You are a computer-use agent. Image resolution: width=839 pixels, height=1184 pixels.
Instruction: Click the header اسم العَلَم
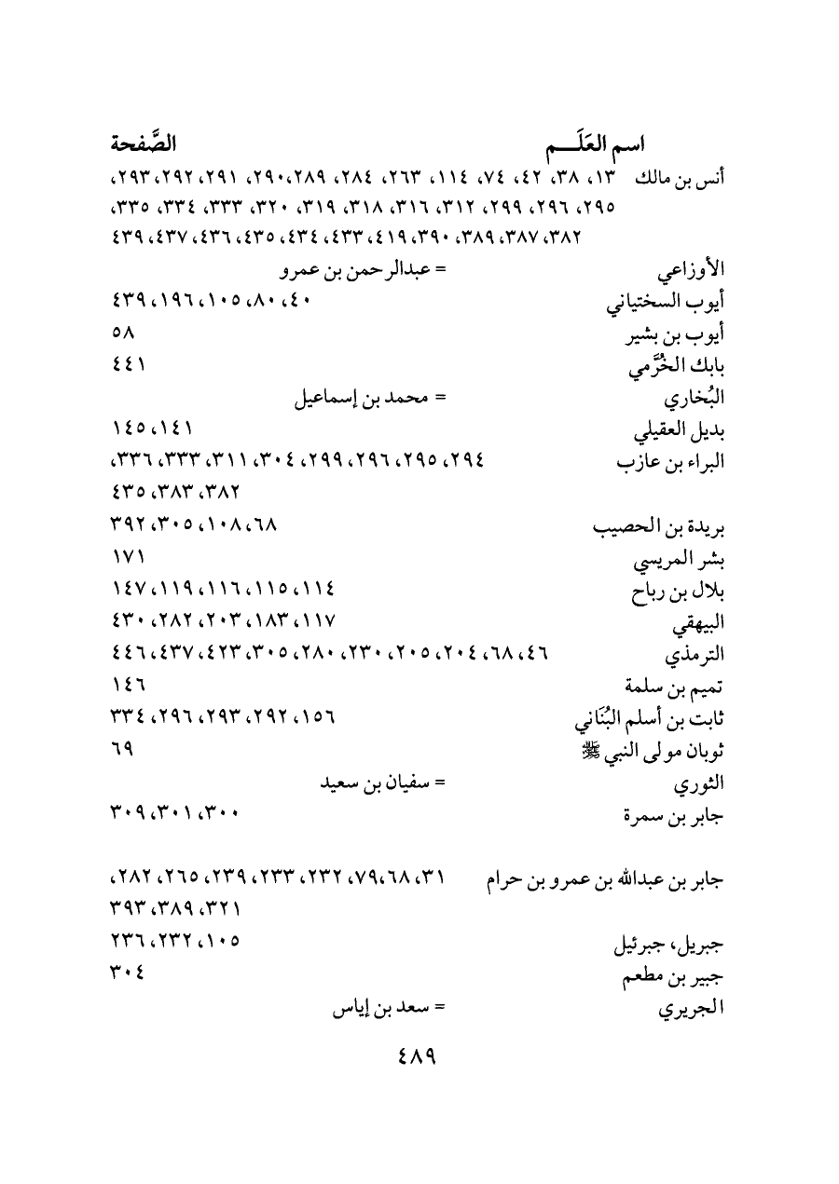point(596,145)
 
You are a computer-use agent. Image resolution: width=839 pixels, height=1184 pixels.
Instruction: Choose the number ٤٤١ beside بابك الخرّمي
point(127,366)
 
